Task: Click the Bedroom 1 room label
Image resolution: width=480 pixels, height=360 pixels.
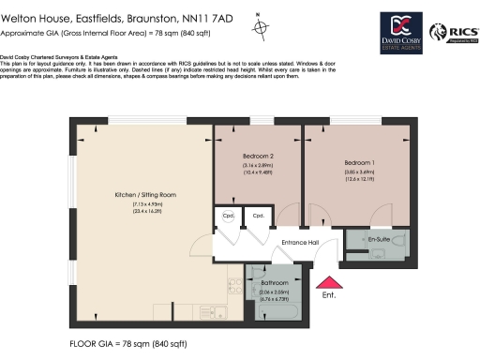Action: coord(360,162)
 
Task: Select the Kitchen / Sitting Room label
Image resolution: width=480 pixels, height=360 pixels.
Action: coord(145,194)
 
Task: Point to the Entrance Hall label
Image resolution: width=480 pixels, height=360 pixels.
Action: coord(301,242)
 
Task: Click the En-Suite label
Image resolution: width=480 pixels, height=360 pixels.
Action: coord(379,239)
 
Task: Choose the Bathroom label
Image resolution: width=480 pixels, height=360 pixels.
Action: coord(275,282)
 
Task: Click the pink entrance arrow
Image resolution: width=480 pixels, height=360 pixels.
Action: coord(328,283)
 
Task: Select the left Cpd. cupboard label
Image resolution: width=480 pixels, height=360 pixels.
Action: coord(228,215)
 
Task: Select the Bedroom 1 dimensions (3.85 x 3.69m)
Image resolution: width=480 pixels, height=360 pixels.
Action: coord(359,173)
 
